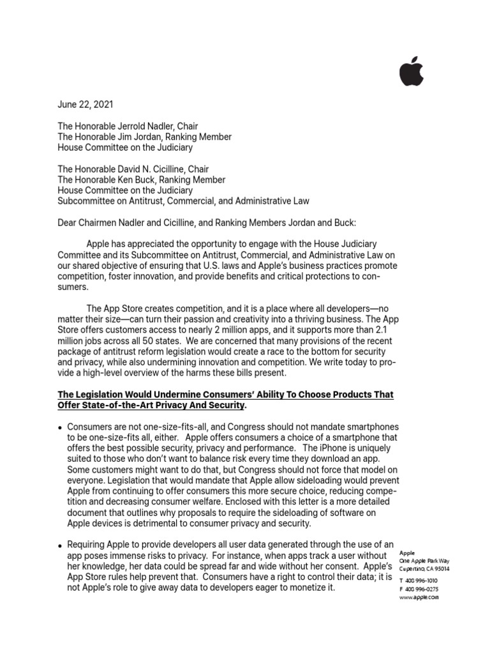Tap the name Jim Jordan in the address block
coord(138,137)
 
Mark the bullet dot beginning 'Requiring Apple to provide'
coord(60,545)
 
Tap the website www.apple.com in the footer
coord(419,597)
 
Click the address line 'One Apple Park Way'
coord(424,560)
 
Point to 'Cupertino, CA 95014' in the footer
coord(424,568)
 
